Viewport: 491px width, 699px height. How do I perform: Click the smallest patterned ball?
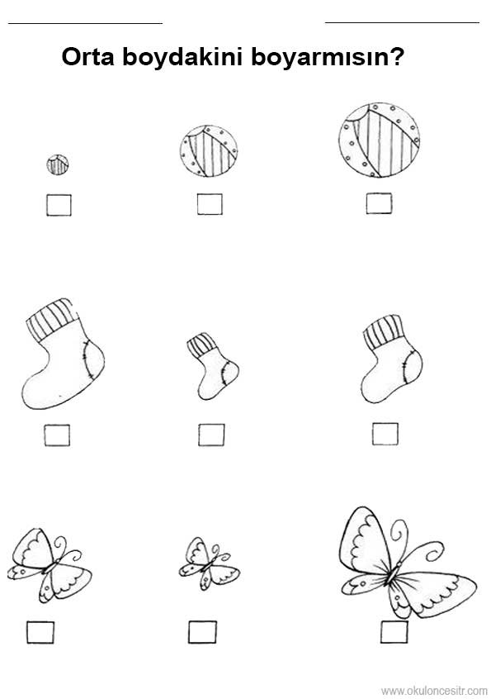tap(58, 164)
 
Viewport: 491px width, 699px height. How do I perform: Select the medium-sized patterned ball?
tap(209, 150)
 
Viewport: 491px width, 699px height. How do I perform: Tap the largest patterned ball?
tap(380, 140)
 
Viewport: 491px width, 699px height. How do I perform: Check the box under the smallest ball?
tap(59, 205)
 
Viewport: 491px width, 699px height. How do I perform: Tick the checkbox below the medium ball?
tap(210, 204)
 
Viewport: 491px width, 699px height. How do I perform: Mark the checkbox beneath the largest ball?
tap(380, 203)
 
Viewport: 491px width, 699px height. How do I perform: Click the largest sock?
tap(63, 354)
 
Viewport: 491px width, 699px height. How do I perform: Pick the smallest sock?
tap(213, 366)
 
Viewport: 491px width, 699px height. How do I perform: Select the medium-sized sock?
tap(392, 359)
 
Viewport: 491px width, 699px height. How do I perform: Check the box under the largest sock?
tap(57, 435)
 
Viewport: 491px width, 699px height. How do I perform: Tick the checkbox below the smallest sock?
tap(211, 435)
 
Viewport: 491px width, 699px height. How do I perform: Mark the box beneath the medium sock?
tap(385, 434)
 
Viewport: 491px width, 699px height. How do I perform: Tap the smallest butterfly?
tap(210, 563)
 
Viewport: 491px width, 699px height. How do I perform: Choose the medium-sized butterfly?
tap(50, 565)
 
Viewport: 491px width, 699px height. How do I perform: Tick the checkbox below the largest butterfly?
tap(394, 632)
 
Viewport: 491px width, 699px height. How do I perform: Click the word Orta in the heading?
tap(88, 57)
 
